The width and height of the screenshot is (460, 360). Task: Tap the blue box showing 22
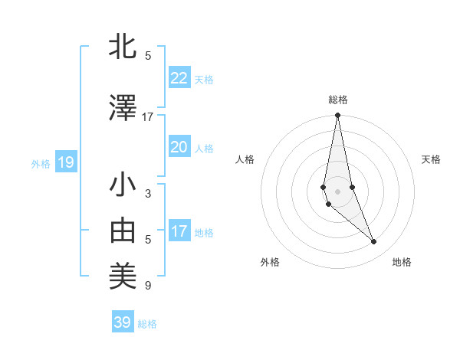point(179,78)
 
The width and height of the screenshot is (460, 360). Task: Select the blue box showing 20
point(179,147)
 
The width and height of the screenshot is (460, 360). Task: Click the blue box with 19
point(65,162)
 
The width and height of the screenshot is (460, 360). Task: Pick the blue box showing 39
point(122,322)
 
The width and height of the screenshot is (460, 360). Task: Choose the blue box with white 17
point(179,231)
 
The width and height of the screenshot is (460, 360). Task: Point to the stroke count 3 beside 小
point(147,194)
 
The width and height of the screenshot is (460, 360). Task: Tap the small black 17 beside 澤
point(147,117)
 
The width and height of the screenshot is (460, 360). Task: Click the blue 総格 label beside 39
point(147,324)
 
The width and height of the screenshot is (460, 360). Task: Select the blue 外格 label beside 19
point(41,163)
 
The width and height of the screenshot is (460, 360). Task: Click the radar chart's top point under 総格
point(337,116)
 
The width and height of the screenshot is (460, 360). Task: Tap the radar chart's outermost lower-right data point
point(374,242)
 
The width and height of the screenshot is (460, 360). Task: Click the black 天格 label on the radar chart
point(431,159)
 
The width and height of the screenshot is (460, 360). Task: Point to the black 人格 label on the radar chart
point(245,159)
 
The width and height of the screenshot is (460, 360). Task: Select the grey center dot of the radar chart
point(337,191)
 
